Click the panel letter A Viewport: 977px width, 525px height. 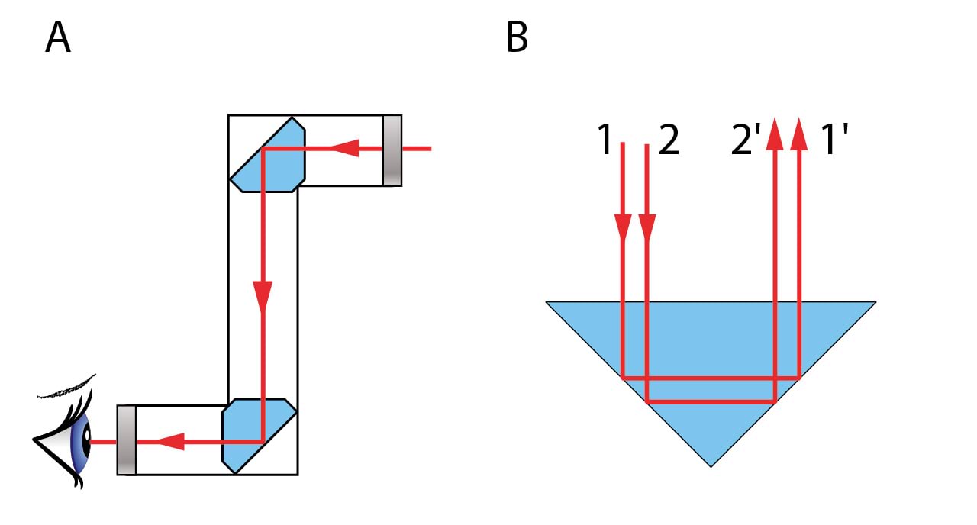click(x=58, y=38)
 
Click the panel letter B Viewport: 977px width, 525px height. click(x=517, y=38)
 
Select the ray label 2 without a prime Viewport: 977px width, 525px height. click(x=668, y=141)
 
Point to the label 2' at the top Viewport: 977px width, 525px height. click(x=746, y=141)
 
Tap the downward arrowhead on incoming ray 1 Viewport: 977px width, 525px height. click(x=623, y=228)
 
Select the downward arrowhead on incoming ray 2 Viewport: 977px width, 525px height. click(x=647, y=228)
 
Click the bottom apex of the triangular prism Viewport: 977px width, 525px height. click(x=711, y=464)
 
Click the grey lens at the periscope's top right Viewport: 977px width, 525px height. click(x=392, y=150)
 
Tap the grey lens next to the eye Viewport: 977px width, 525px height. click(x=127, y=440)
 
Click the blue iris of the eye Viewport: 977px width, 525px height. click(x=80, y=441)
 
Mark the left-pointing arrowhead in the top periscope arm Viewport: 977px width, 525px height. click(x=347, y=149)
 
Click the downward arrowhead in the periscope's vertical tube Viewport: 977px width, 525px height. click(x=263, y=293)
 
